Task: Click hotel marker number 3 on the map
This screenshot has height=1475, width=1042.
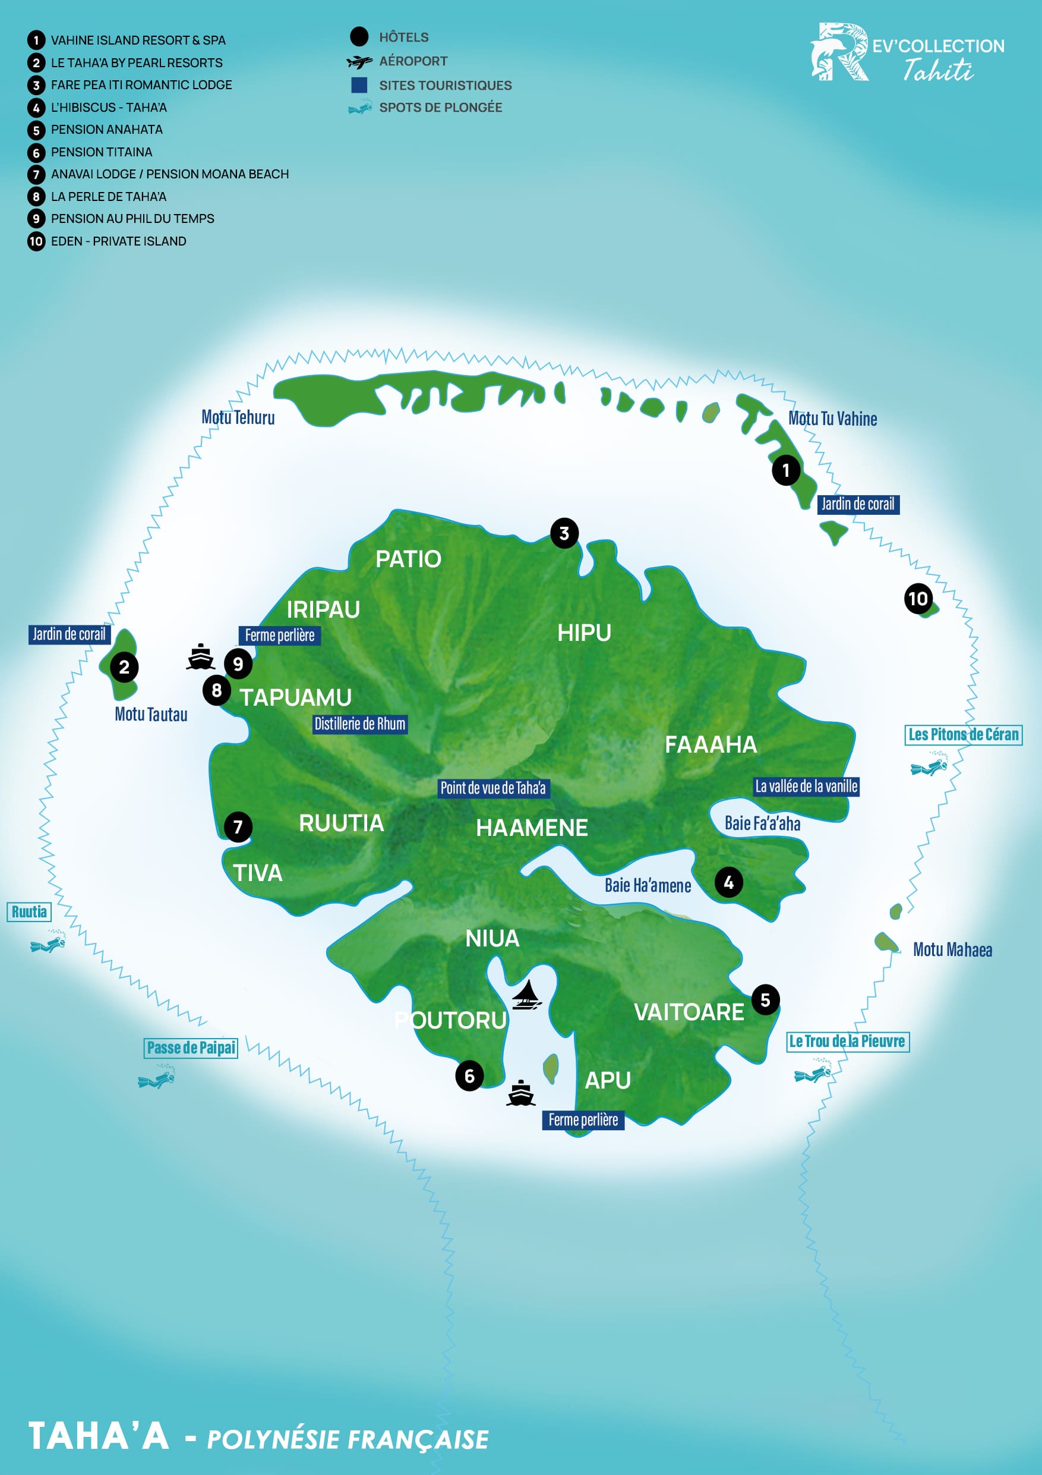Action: coord(564,533)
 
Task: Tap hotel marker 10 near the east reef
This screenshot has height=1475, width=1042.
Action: coord(918,599)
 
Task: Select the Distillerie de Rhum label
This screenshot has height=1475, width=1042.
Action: coord(359,724)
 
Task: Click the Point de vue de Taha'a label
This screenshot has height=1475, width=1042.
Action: coord(493,788)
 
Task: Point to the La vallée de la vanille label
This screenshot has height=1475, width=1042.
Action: coord(806,787)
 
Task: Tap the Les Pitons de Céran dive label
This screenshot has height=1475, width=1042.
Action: coord(963,734)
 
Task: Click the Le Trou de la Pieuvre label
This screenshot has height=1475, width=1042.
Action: coord(848,1042)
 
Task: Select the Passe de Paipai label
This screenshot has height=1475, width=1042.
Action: coord(191,1048)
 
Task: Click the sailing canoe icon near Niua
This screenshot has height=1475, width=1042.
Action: coord(526,995)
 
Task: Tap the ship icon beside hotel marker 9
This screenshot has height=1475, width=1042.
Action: coord(200,657)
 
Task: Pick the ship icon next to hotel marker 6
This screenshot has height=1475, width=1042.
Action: coord(520,1093)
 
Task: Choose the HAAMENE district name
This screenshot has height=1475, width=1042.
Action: coord(532,828)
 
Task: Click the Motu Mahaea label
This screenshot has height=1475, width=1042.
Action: coord(952,949)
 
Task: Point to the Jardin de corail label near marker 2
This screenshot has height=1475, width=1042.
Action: coord(70,635)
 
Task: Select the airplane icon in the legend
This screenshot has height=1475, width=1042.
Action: coord(359,62)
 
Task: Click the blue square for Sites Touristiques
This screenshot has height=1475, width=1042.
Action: coord(359,85)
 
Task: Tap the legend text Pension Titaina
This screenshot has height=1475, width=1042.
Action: coord(102,152)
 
